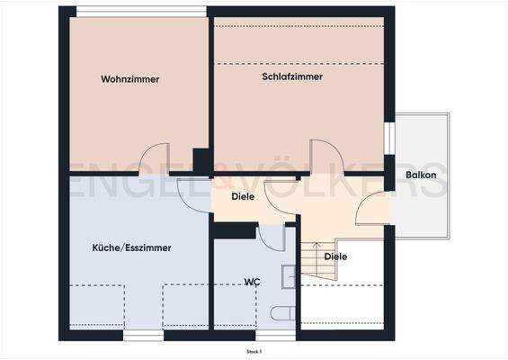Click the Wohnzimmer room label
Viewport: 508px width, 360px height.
tap(130, 79)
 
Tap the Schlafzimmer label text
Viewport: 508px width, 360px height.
tap(292, 76)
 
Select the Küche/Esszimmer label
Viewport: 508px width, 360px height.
tap(132, 247)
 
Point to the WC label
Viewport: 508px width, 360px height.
tap(253, 282)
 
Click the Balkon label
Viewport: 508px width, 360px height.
tap(421, 175)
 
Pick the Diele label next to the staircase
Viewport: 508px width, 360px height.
tap(335, 256)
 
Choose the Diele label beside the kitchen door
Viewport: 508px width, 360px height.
tap(243, 196)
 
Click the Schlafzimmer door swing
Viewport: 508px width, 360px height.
tap(322, 157)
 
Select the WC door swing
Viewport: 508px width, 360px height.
tap(271, 238)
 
